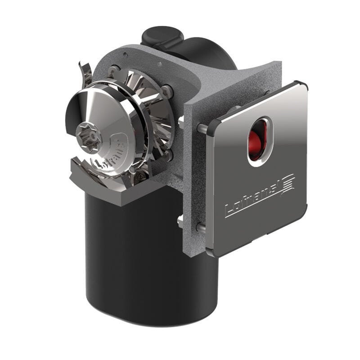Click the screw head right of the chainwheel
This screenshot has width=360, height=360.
tap(167, 91)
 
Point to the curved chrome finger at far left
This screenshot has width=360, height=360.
tap(85, 72)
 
